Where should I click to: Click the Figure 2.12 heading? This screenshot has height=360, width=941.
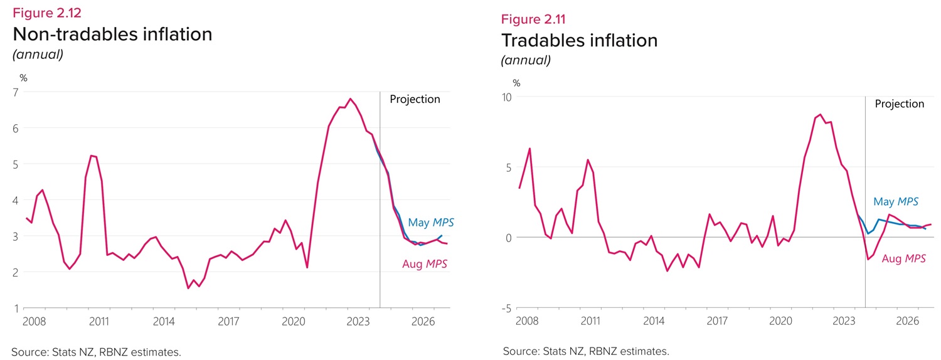coord(47,13)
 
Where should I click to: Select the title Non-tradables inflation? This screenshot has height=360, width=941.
coord(112,34)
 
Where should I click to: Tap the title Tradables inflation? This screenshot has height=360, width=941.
coord(579,40)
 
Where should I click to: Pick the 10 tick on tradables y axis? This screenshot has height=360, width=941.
coord(506,97)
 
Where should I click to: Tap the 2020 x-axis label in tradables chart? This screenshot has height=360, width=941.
coord(780,321)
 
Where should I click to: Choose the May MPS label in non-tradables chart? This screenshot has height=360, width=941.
coord(430,223)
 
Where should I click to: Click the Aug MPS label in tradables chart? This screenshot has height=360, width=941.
coord(904,258)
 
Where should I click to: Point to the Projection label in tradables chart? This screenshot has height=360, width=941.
coord(899,104)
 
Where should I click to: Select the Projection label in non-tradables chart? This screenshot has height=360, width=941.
coord(415,99)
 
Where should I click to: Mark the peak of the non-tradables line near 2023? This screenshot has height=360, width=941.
coord(350,99)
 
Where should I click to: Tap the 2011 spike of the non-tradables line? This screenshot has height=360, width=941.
coord(92,156)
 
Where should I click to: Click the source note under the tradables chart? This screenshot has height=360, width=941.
coord(586,351)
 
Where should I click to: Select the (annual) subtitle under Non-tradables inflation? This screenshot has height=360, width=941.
coord(38,55)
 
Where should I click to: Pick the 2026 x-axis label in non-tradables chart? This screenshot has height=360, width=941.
coord(423,321)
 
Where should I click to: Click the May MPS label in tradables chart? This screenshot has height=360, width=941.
coord(896,201)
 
